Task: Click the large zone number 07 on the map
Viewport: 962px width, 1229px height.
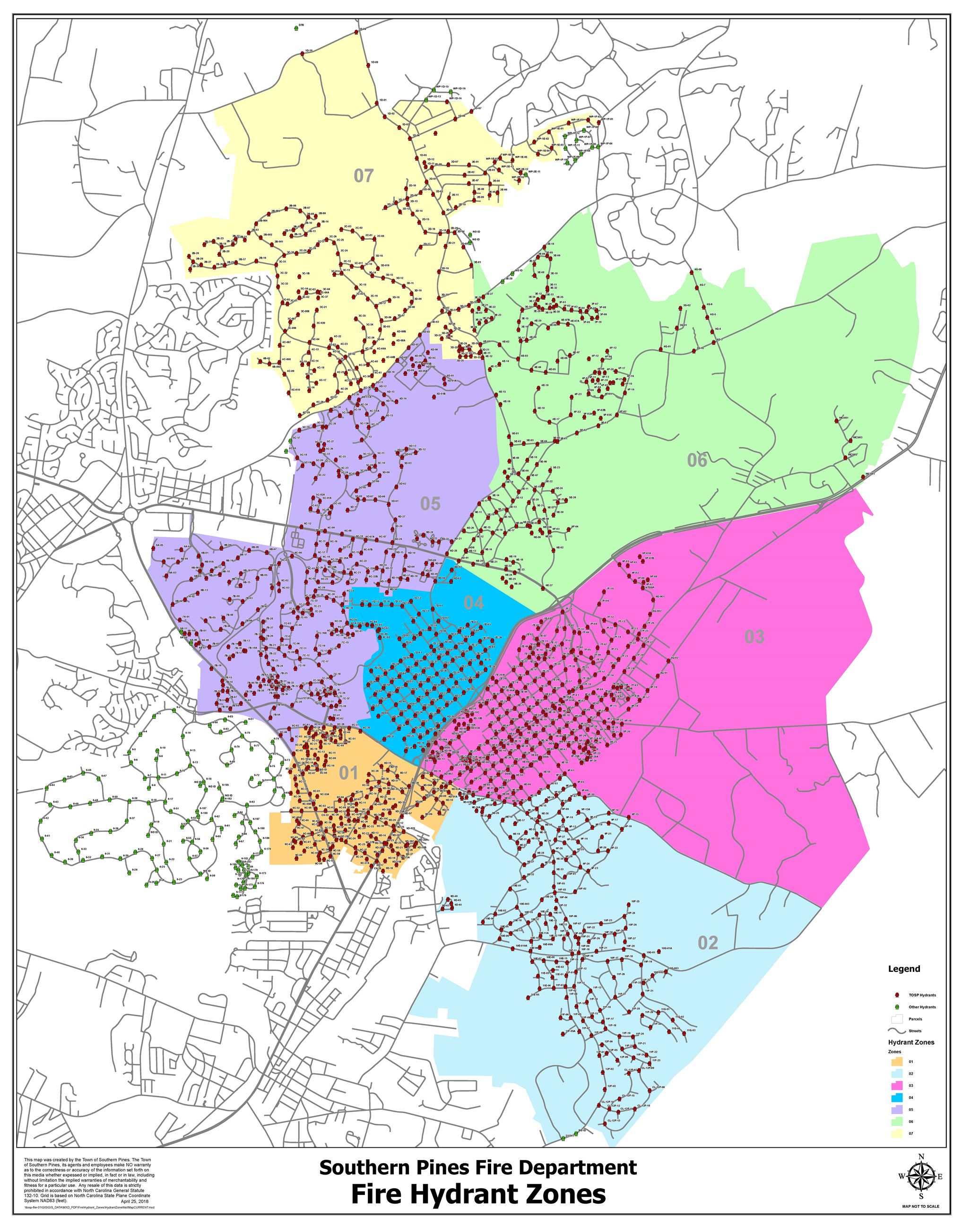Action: [363, 176]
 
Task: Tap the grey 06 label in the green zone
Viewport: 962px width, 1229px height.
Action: [697, 460]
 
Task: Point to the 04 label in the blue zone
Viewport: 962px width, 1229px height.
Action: [474, 603]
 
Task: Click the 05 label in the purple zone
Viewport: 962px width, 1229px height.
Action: [430, 503]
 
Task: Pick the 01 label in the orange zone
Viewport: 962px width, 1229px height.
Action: [349, 773]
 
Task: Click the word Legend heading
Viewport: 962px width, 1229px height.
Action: [904, 969]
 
